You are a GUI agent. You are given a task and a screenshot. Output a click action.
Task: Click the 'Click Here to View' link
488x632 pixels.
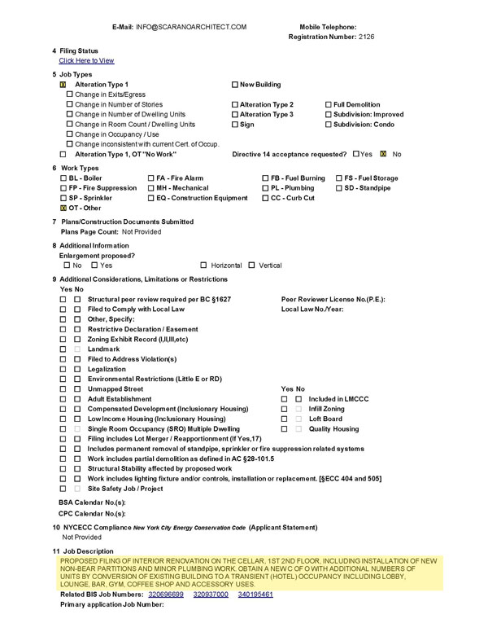[x=86, y=61]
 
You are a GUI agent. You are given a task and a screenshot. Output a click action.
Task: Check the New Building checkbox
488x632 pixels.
[x=235, y=85]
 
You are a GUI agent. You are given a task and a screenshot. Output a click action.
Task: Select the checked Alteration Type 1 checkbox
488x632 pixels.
[x=63, y=85]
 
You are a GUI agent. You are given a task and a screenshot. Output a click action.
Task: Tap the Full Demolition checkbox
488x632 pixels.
[x=329, y=105]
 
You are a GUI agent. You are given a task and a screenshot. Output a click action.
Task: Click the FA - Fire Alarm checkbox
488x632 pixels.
[x=150, y=178]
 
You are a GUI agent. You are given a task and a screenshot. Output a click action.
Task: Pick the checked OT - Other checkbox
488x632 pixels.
[x=63, y=208]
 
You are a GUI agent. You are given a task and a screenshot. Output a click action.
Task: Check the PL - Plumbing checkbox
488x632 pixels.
[x=265, y=188]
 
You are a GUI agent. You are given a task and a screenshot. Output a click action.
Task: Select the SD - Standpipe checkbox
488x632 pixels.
[x=339, y=188]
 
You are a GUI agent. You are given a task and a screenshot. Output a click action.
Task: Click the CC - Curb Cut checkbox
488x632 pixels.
[x=265, y=198]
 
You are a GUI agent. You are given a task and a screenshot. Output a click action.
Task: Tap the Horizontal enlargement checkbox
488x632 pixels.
[x=203, y=266]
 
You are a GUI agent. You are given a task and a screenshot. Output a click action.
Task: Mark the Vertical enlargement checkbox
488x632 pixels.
[x=251, y=266]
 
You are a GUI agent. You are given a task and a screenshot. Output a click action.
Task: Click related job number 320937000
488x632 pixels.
[x=210, y=595]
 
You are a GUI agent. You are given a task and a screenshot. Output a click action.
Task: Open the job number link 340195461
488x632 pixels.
[x=255, y=595]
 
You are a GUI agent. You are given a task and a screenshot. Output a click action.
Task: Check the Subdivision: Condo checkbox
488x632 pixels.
[x=329, y=125]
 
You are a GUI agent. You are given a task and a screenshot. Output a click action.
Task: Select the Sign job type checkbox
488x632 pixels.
[x=235, y=125]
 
